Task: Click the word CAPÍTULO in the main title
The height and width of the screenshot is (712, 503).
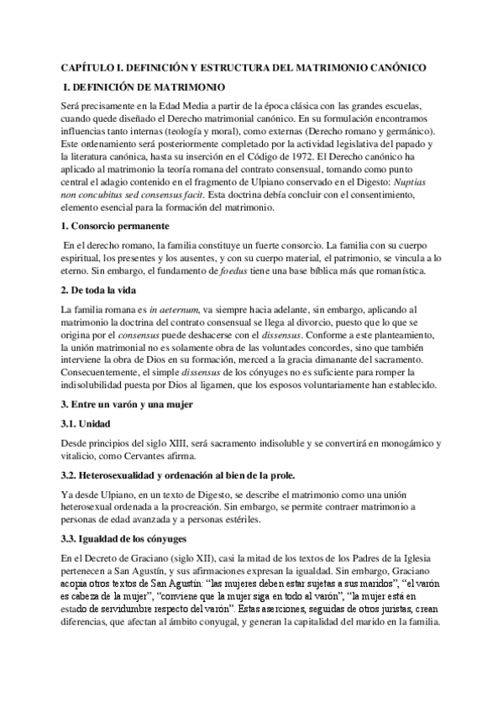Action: (90, 66)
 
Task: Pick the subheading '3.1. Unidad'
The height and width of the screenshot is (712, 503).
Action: (86, 423)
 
